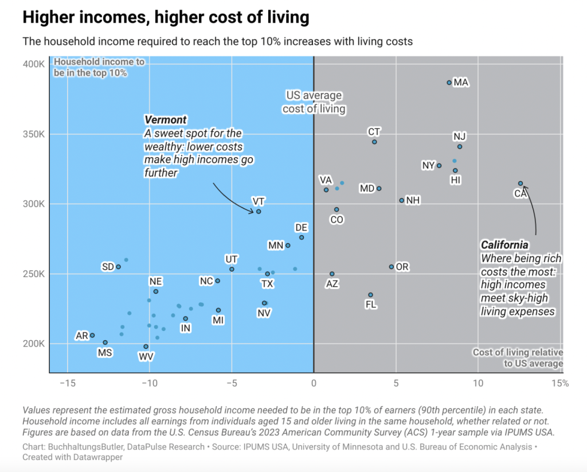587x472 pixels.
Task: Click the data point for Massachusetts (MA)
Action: (449, 83)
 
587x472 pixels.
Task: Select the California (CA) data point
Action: (521, 184)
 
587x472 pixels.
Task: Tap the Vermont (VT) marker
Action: (259, 212)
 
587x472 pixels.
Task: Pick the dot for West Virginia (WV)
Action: (146, 346)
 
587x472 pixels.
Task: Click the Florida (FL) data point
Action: (370, 295)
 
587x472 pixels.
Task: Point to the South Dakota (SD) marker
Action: (118, 267)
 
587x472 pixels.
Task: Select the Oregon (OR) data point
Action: (392, 267)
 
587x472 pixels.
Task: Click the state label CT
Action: (374, 132)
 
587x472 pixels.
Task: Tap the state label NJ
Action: (459, 136)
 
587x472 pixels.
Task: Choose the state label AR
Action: (82, 336)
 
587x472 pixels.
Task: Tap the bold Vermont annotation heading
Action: (166, 120)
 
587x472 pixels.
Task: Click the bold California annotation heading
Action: (504, 245)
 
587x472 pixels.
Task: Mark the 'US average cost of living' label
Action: (314, 102)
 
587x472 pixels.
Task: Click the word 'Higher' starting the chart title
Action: (45, 18)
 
